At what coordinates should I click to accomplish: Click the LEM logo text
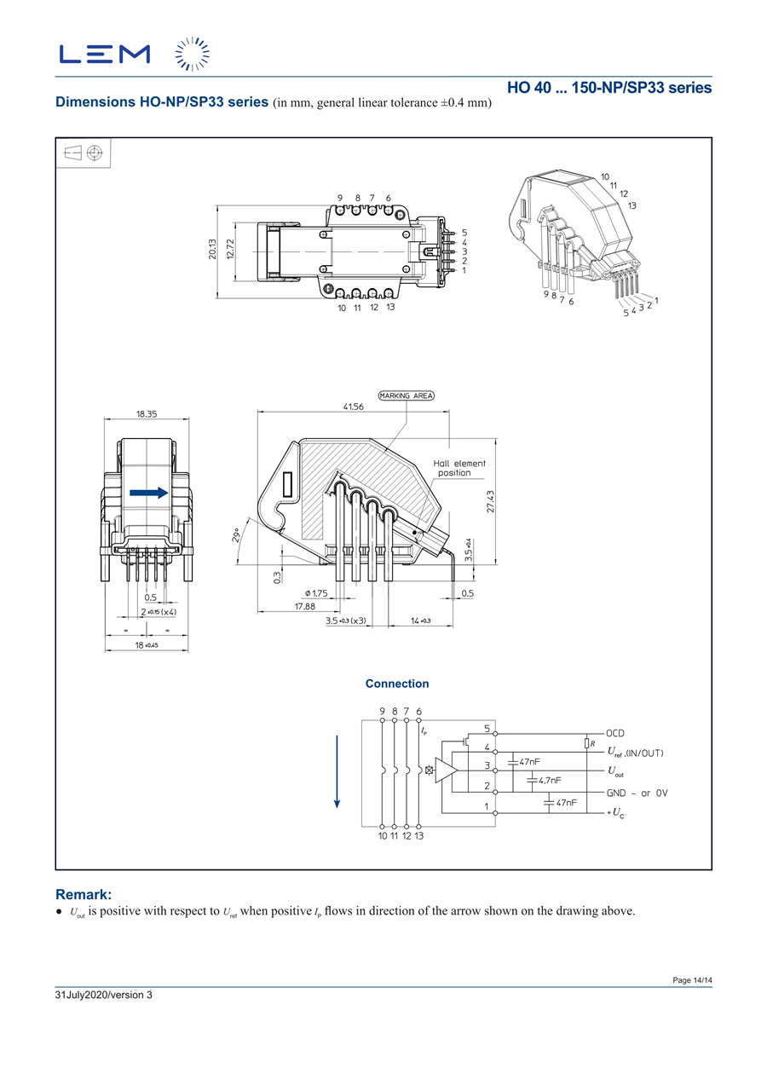tap(105, 54)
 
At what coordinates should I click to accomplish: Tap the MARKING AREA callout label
tap(407, 395)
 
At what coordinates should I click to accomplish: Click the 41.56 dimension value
tap(354, 407)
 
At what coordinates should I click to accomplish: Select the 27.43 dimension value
tap(491, 501)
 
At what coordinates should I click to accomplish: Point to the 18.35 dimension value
tap(147, 413)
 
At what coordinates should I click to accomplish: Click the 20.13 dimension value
tap(212, 249)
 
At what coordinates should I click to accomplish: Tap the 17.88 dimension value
tap(304, 606)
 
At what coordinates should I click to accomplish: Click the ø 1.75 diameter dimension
tap(315, 593)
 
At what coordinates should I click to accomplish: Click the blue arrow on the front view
tap(148, 493)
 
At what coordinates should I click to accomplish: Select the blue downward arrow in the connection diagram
tap(337, 770)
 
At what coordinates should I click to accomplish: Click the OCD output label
tap(615, 733)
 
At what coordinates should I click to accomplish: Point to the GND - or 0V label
tap(637, 793)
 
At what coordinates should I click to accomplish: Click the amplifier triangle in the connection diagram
tap(447, 770)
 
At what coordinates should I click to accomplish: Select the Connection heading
tap(397, 684)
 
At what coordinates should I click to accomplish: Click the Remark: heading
tap(84, 894)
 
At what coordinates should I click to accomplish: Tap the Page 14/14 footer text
tap(692, 981)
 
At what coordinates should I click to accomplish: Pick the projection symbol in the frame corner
tap(84, 153)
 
